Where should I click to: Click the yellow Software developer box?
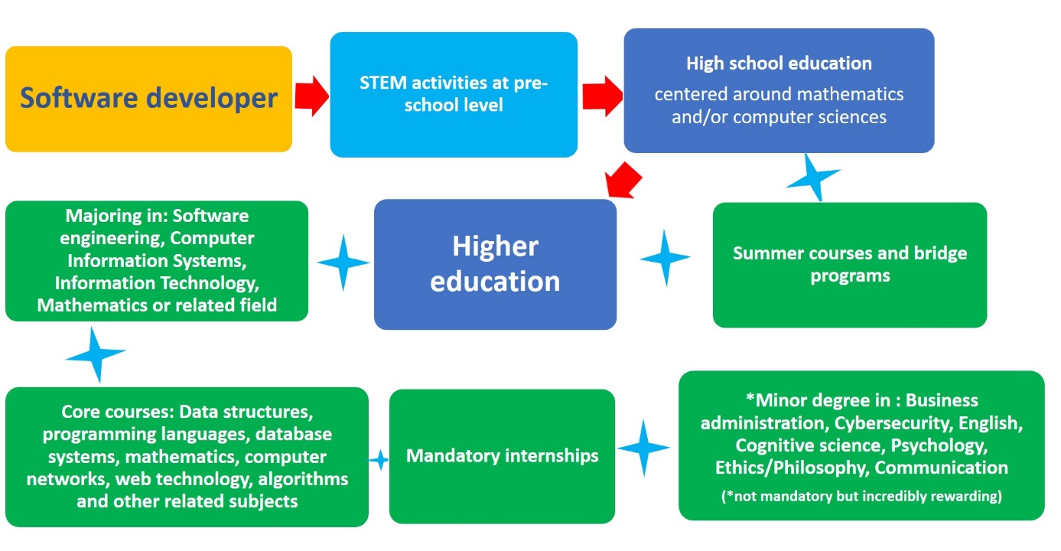click(148, 99)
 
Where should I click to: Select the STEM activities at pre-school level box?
click(454, 95)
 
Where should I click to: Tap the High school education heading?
click(779, 63)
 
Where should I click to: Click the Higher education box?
click(496, 264)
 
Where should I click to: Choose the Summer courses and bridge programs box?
click(850, 265)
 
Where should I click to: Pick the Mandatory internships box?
click(502, 456)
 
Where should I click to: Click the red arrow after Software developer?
click(311, 96)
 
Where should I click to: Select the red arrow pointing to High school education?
click(603, 96)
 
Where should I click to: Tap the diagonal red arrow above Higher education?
click(623, 181)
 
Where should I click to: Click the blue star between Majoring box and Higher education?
click(343, 262)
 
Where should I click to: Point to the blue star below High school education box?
click(813, 178)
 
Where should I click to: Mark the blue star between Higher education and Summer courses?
click(665, 258)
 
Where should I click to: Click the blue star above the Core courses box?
click(96, 354)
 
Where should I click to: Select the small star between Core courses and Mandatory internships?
click(379, 460)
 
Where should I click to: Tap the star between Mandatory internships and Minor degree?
click(643, 448)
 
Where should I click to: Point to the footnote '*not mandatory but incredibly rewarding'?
click(861, 496)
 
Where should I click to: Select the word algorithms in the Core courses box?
click(303, 480)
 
